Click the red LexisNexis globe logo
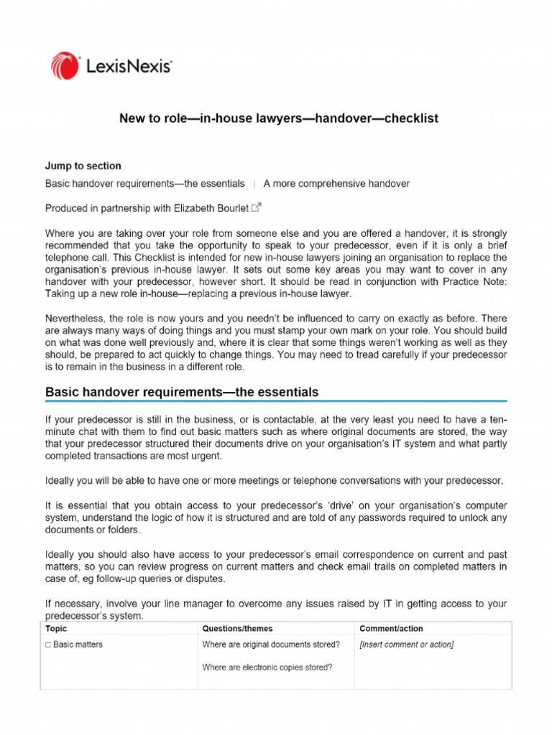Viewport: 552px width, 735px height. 65,65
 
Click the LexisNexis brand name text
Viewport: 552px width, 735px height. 128,67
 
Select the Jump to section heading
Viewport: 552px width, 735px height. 83,166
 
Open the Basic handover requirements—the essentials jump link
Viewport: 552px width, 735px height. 144,184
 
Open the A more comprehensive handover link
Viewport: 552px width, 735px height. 336,184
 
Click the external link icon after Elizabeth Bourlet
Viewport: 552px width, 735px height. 257,208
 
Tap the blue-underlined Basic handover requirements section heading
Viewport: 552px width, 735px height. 182,393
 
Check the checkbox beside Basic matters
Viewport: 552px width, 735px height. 48,645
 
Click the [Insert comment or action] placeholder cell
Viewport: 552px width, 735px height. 407,645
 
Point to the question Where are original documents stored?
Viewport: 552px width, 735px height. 271,645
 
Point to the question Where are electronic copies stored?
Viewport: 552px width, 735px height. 267,668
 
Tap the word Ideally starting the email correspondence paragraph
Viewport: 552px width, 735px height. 63,554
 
